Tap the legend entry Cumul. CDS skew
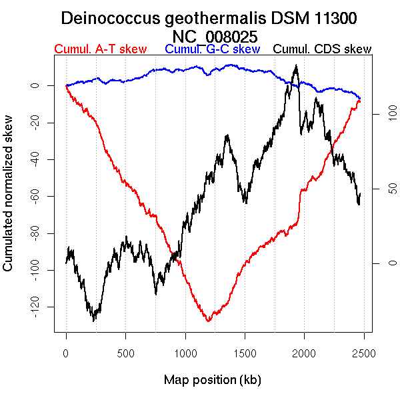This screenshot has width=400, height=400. tap(323, 49)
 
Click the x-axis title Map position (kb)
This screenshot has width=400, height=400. tap(212, 380)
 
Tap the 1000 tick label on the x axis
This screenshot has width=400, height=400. tap(185, 352)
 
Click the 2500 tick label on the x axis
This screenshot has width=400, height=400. tap(364, 352)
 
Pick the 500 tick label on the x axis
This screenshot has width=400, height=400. tap(125, 352)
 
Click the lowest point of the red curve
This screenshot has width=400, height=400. tap(209, 321)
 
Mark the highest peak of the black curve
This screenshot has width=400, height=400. tap(295, 65)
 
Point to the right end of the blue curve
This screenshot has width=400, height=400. tap(360, 98)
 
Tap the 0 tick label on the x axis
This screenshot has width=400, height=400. tap(66, 352)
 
